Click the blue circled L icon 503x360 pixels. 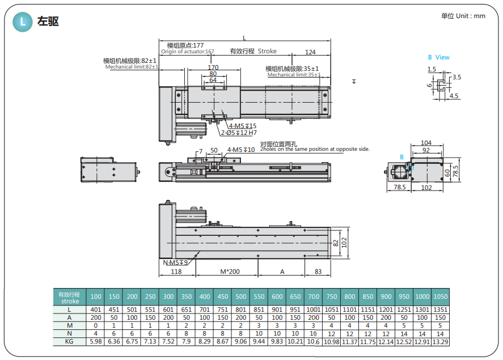[x=23, y=22]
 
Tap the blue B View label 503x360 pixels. [x=438, y=57]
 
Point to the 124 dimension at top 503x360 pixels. [x=310, y=52]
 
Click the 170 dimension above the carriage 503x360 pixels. [x=213, y=67]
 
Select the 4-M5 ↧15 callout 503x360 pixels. [x=243, y=126]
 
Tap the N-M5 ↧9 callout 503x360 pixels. [x=175, y=262]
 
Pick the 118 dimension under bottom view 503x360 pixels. [x=176, y=272]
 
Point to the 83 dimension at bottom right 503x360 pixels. [x=318, y=272]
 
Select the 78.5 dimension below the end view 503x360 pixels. [x=400, y=187]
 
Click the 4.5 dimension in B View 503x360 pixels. [x=454, y=96]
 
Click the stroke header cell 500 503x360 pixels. [x=240, y=297]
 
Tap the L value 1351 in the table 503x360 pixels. [x=440, y=310]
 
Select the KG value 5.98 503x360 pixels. [x=96, y=342]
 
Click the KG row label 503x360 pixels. [x=69, y=342]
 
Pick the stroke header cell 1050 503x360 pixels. [x=440, y=297]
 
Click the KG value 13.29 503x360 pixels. [x=440, y=342]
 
